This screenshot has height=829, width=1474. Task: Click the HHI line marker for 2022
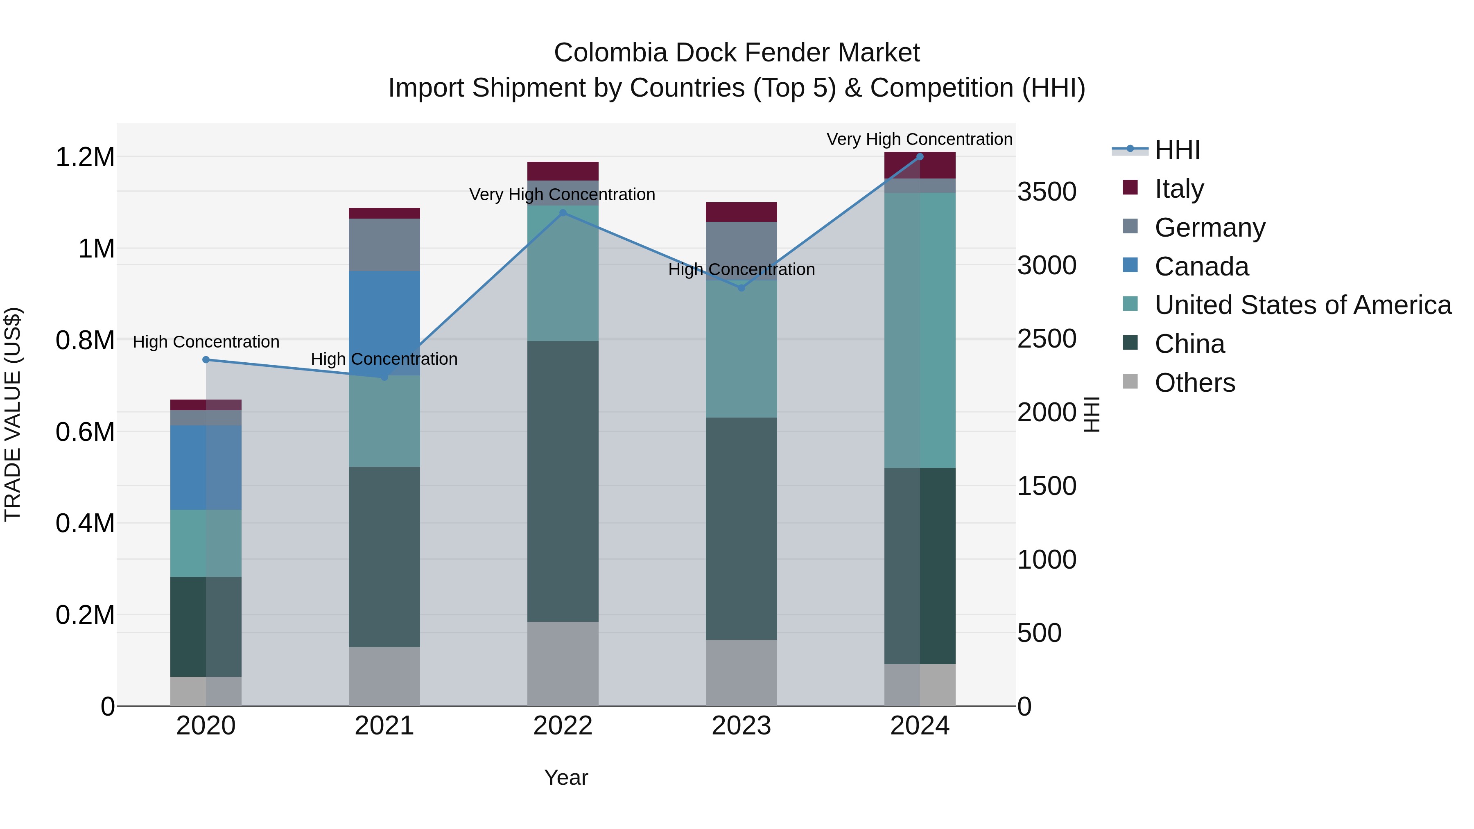coord(563,213)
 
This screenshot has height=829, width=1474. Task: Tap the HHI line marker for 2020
coord(206,360)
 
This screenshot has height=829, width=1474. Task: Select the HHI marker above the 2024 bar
coord(920,157)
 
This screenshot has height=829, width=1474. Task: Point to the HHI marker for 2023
coord(741,288)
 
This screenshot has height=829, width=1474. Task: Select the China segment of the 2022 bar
coord(563,481)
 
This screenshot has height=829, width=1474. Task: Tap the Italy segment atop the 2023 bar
coord(741,212)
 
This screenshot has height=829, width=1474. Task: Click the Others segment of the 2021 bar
coord(384,676)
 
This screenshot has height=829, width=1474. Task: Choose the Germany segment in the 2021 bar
coord(384,244)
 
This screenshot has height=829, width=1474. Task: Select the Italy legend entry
coord(1179,189)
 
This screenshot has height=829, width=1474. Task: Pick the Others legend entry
coord(1194,383)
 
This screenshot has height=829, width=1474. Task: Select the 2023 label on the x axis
coord(741,726)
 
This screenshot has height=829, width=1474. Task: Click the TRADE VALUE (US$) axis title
coord(13,414)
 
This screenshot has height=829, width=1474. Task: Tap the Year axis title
coord(566,777)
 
